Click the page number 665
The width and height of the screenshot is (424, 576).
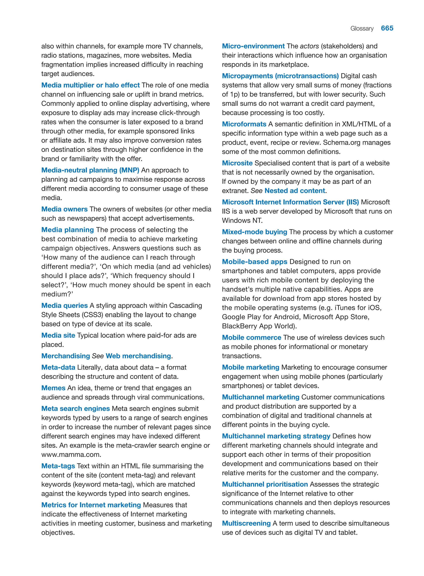pyautogui.click(x=387, y=28)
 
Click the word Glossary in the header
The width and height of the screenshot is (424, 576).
pyautogui.click(x=362, y=29)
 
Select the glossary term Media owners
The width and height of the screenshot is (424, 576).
pyautogui.click(x=64, y=209)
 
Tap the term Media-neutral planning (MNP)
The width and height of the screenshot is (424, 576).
pyautogui.click(x=90, y=170)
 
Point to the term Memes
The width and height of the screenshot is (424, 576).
pyautogui.click(x=53, y=388)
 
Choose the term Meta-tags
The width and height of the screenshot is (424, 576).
pyautogui.click(x=58, y=466)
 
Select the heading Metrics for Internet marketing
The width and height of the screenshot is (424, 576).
pyautogui.click(x=91, y=505)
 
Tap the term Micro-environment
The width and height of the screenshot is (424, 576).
pyautogui.click(x=253, y=46)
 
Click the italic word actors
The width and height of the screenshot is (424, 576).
pyautogui.click(x=309, y=46)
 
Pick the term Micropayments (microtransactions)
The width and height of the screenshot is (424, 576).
pyautogui.click(x=280, y=76)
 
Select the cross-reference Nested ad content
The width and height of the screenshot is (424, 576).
pyautogui.click(x=295, y=191)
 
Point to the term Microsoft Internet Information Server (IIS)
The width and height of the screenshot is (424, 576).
pyautogui.click(x=290, y=202)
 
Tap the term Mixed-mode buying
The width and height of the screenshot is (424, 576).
pyautogui.click(x=254, y=232)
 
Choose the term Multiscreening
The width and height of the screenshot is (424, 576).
pyautogui.click(x=246, y=523)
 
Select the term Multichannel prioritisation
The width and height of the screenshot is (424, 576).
pyautogui.click(x=265, y=484)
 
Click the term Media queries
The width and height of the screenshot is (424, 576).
pyautogui.click(x=64, y=305)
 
